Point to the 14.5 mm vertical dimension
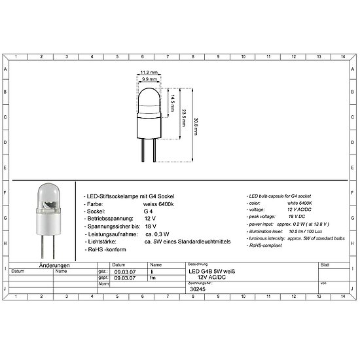tap(171, 101)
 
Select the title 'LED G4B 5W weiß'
tap(211, 271)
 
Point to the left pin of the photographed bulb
tap(42, 245)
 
